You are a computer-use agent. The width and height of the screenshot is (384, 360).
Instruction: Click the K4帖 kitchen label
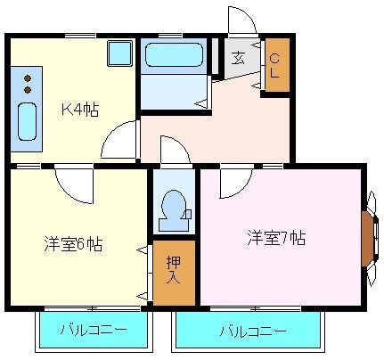(80, 110)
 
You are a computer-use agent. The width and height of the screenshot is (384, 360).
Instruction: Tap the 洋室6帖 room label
(73, 244)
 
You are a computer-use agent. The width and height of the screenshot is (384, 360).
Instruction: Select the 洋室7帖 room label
(277, 238)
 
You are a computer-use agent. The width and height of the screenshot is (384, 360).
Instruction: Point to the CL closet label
(276, 66)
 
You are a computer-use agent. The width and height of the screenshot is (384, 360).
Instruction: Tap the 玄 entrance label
(240, 60)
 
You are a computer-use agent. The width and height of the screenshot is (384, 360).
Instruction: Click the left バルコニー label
(93, 331)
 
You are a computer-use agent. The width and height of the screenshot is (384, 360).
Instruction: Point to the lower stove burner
(28, 90)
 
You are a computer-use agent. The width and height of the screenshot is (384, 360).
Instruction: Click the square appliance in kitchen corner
(119, 53)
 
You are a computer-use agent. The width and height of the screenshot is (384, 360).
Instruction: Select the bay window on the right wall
(368, 235)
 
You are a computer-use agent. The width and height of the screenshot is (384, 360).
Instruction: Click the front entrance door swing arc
(241, 20)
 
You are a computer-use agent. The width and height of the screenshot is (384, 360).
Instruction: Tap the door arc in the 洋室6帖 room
(73, 185)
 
